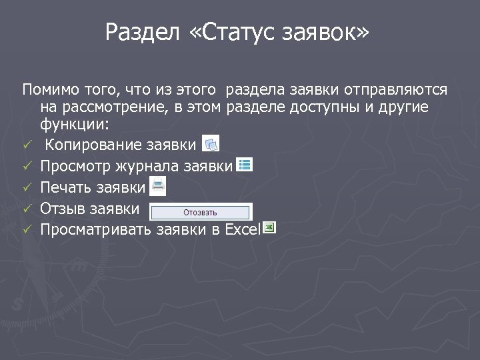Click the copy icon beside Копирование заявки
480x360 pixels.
(210, 143)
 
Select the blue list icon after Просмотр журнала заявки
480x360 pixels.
(245, 163)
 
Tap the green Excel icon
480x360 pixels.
(269, 228)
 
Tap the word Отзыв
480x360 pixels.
(65, 209)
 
